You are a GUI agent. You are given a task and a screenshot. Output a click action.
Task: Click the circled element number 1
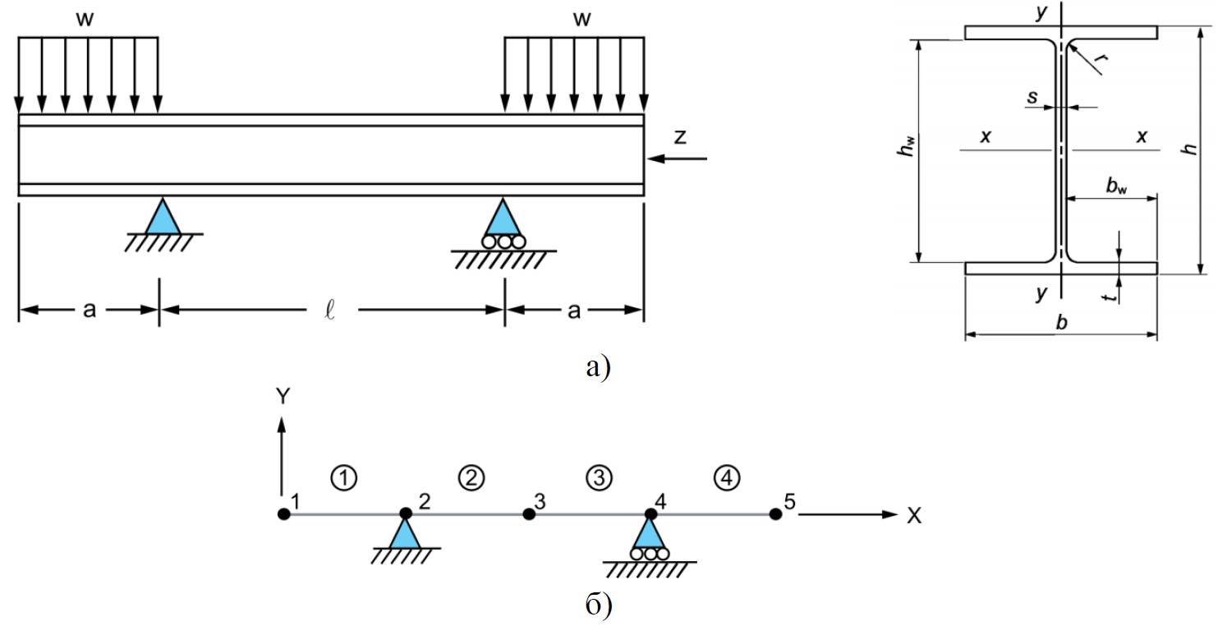point(345,476)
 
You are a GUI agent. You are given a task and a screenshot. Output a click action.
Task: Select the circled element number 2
point(471,476)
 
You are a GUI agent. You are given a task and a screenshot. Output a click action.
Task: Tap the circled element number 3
point(599,476)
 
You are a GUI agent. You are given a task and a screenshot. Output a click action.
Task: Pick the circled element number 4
point(727,476)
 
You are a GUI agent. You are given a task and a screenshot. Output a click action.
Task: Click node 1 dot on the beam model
point(283,514)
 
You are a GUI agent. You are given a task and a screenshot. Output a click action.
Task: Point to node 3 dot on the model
point(529,514)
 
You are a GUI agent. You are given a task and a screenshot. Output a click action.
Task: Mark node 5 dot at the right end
point(774,514)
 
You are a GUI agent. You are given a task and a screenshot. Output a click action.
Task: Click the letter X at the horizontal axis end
point(913,516)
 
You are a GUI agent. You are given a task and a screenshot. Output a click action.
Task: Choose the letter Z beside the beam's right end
point(679,137)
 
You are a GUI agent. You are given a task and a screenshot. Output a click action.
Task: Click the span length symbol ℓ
point(333,311)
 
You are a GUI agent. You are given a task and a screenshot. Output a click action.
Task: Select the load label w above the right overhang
point(582,20)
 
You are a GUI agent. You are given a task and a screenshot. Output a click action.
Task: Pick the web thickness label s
point(1032,98)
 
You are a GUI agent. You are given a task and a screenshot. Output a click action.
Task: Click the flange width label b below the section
point(1061,324)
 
